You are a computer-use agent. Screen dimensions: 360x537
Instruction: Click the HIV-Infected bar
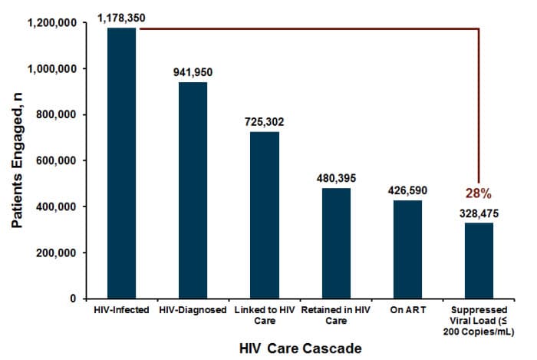point(122,163)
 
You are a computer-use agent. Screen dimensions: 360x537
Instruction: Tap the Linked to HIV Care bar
point(265,215)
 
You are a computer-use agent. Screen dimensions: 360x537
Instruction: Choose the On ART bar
point(407,249)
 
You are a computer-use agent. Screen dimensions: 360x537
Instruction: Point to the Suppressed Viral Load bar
point(479,260)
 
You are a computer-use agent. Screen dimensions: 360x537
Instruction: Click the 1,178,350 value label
point(122,15)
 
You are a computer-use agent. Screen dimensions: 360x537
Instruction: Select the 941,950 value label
point(193,72)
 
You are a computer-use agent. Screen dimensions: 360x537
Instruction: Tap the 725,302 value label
point(265,121)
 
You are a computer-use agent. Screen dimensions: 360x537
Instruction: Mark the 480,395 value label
point(336,177)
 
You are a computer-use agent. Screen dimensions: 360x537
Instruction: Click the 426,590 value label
point(407,190)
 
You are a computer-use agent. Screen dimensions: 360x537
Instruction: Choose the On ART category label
point(407,310)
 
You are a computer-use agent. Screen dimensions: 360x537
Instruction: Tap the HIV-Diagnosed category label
point(193,310)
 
